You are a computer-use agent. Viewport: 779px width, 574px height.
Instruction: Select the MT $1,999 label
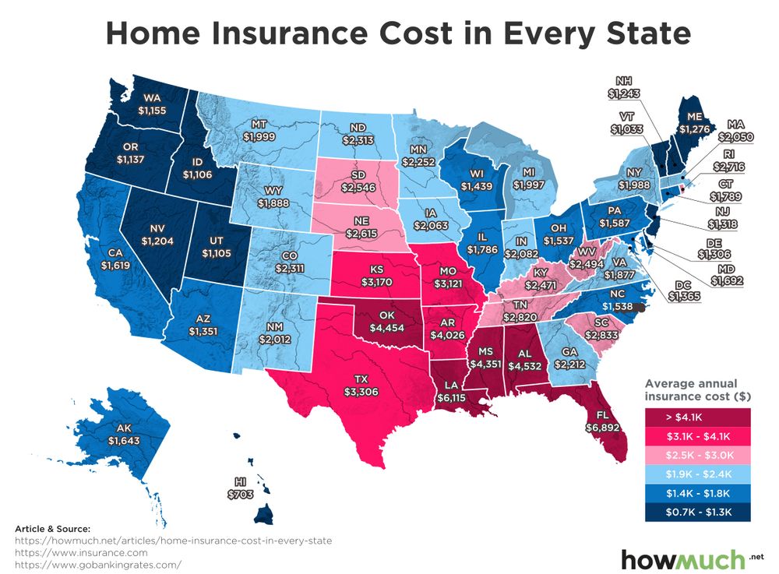[x=260, y=130]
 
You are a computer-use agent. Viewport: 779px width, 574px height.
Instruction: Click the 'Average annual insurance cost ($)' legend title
[x=697, y=390]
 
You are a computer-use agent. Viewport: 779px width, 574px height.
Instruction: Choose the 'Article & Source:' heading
[x=52, y=529]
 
